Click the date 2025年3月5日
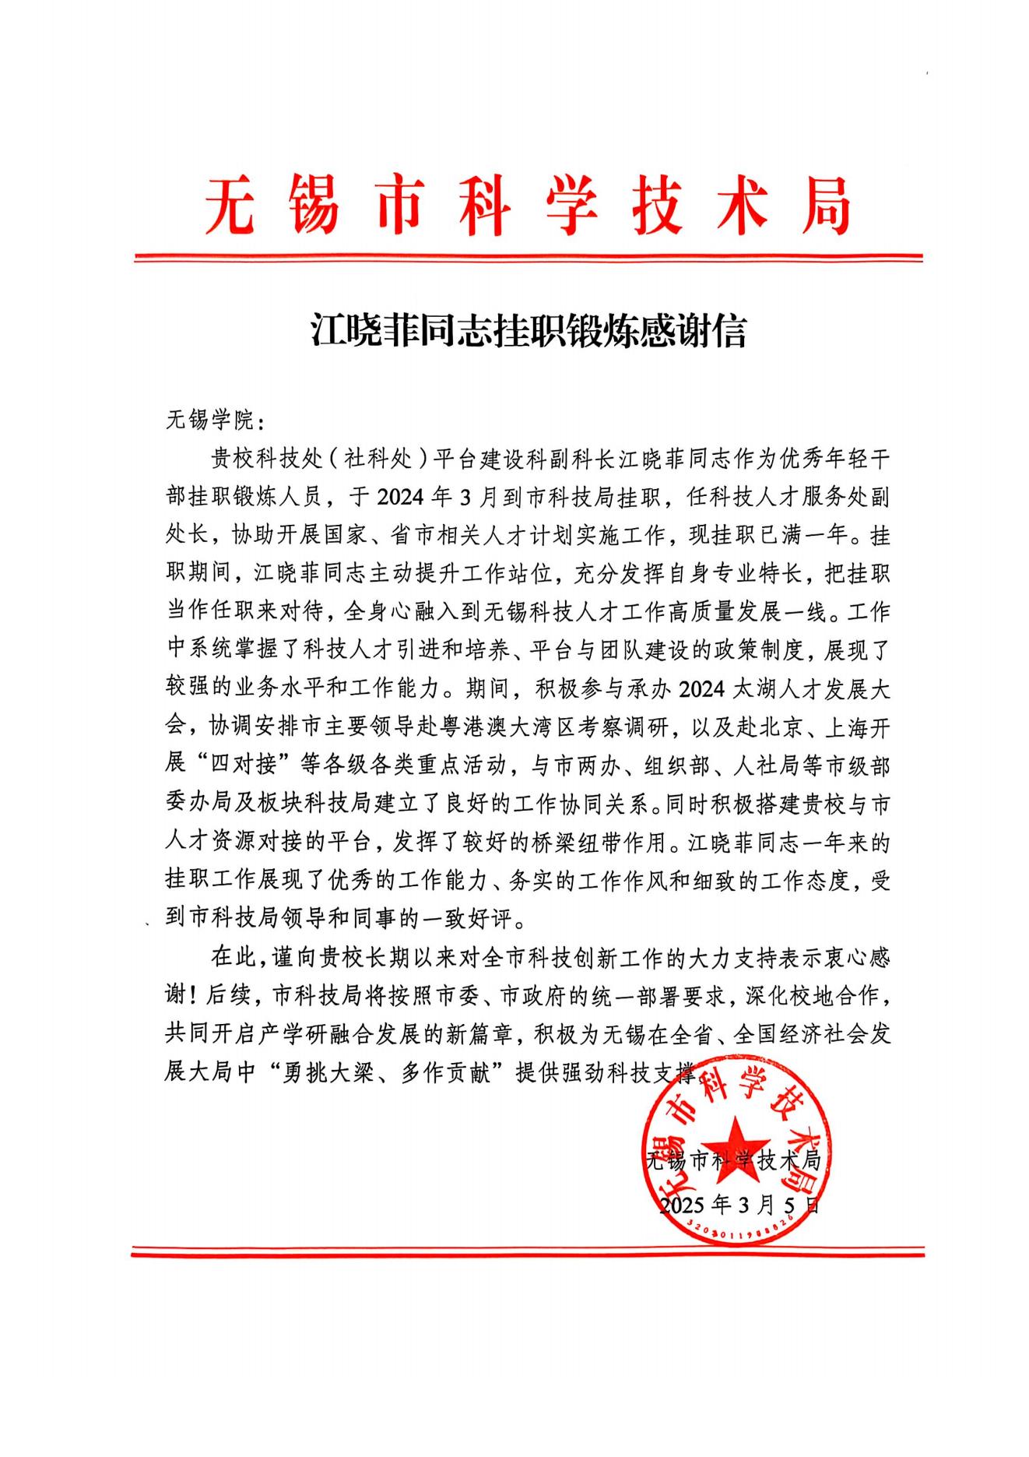click(x=739, y=1205)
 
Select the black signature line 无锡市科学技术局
click(x=734, y=1160)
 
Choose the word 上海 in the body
click(x=845, y=727)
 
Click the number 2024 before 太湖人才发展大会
click(x=701, y=689)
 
